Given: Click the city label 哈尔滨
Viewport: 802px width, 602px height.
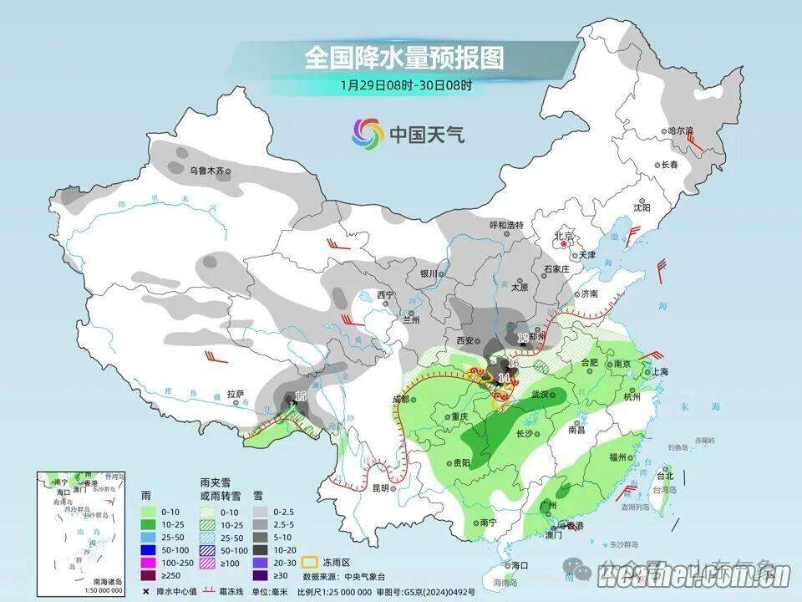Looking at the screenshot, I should (x=681, y=131).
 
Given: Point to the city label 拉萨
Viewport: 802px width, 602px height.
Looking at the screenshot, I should (x=236, y=393).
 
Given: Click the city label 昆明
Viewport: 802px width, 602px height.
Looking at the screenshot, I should (x=381, y=488).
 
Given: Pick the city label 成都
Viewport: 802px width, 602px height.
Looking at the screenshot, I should (x=401, y=399).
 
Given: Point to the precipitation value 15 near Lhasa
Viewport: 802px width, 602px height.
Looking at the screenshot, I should (x=301, y=395).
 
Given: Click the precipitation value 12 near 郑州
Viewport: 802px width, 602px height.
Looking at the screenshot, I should (x=523, y=338).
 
